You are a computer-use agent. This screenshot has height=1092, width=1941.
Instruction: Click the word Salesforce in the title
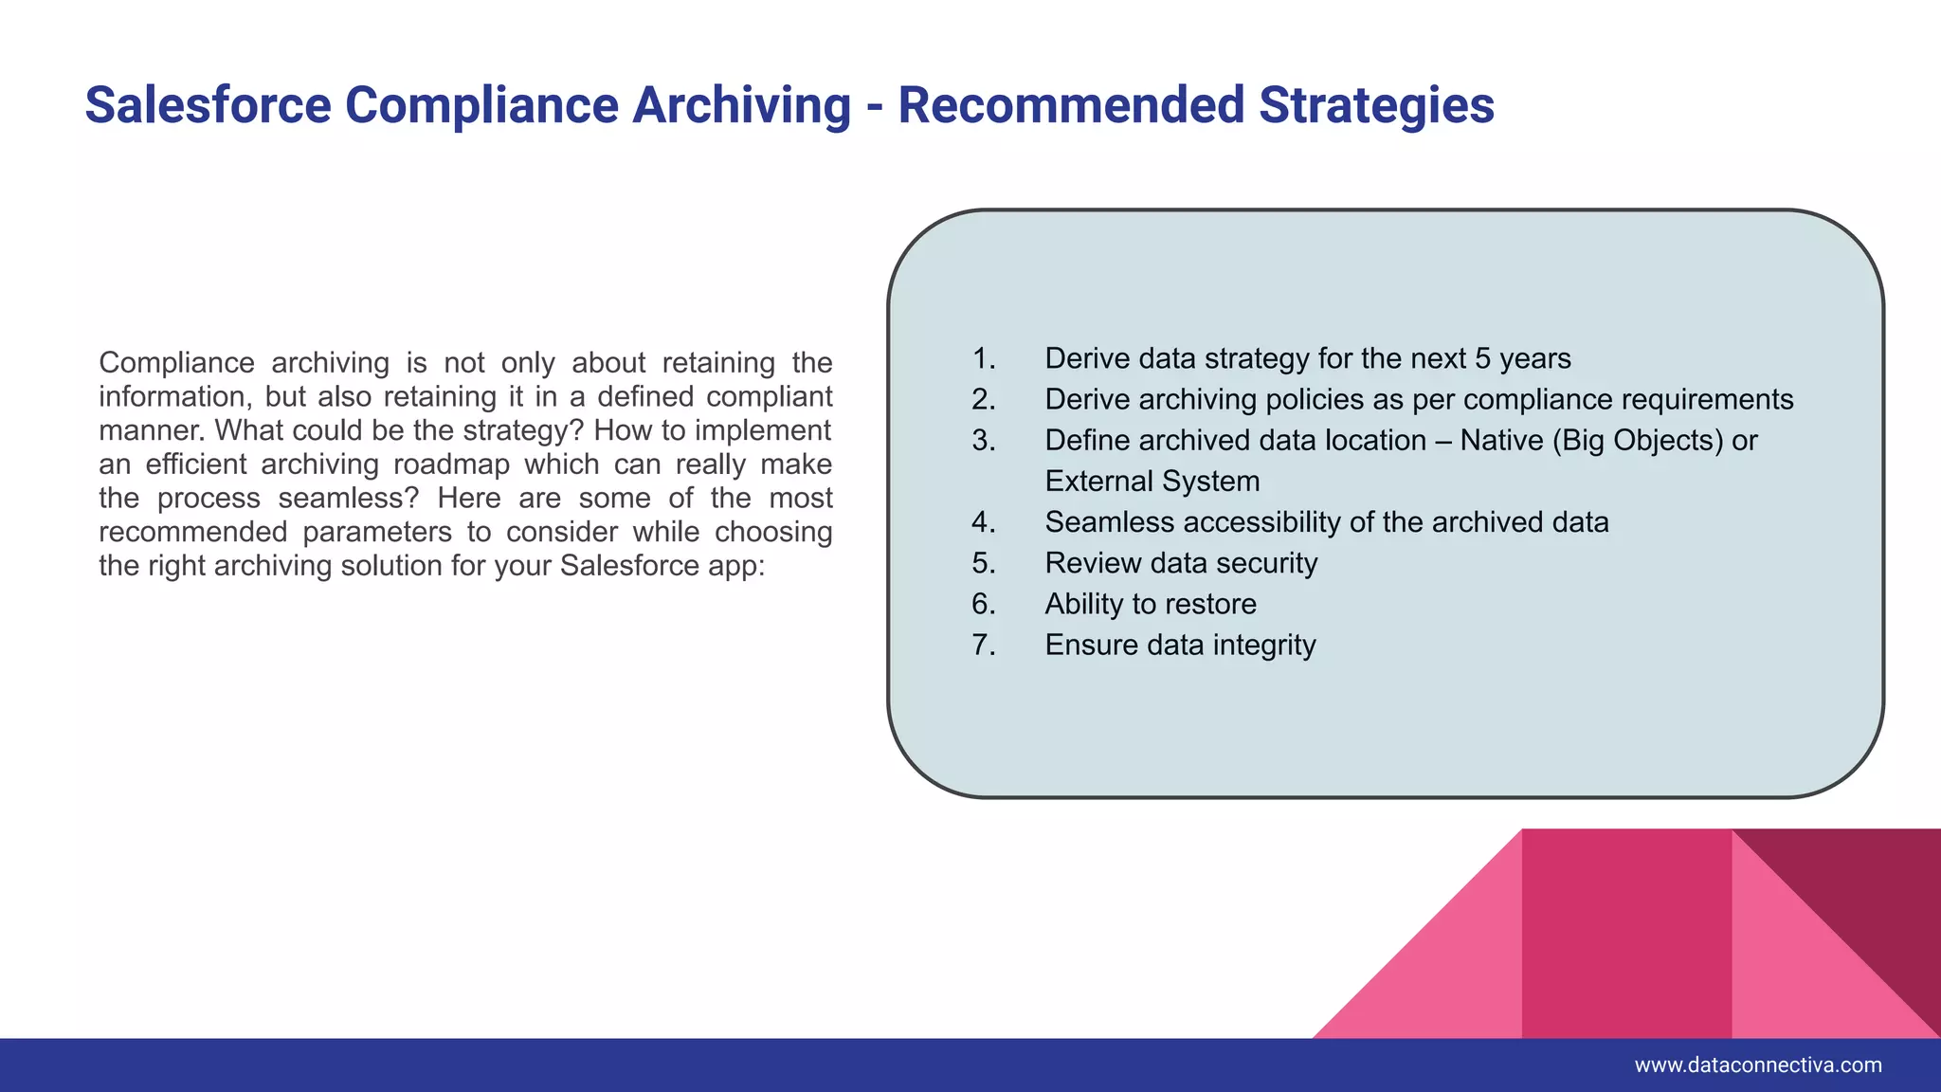[209, 104]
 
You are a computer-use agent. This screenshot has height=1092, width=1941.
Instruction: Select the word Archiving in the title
[741, 104]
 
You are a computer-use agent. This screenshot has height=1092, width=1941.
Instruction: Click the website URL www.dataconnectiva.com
[1758, 1065]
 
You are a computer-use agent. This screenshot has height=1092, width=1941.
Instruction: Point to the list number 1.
[983, 358]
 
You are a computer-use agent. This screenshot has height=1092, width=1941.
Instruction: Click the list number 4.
[983, 522]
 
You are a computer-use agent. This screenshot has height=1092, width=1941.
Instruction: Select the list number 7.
[983, 645]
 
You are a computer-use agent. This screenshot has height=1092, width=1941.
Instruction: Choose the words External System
[1152, 481]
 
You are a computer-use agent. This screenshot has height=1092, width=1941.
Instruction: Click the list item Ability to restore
[1151, 604]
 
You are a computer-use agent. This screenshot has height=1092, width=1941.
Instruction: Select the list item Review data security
[1181, 563]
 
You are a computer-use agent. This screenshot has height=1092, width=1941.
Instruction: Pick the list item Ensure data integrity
[1180, 645]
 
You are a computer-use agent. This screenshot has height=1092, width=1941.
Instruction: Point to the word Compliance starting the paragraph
[176, 363]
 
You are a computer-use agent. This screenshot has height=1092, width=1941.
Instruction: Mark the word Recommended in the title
[1070, 104]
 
